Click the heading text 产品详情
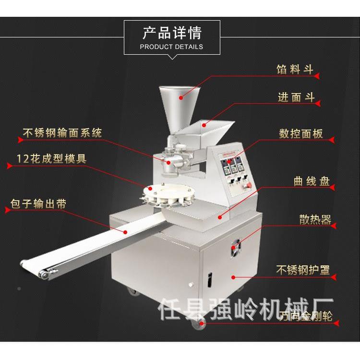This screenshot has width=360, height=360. pyautogui.click(x=172, y=33)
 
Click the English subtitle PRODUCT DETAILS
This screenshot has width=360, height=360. pyautogui.click(x=171, y=47)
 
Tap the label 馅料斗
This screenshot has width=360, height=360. pyautogui.click(x=295, y=70)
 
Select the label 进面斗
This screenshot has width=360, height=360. pyautogui.click(x=296, y=97)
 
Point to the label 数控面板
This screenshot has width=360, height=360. pyautogui.click(x=301, y=133)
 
